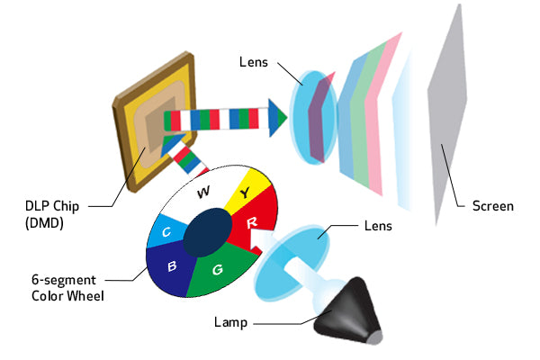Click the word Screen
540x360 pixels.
click(492, 206)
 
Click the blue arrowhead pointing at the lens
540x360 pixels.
click(276, 115)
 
